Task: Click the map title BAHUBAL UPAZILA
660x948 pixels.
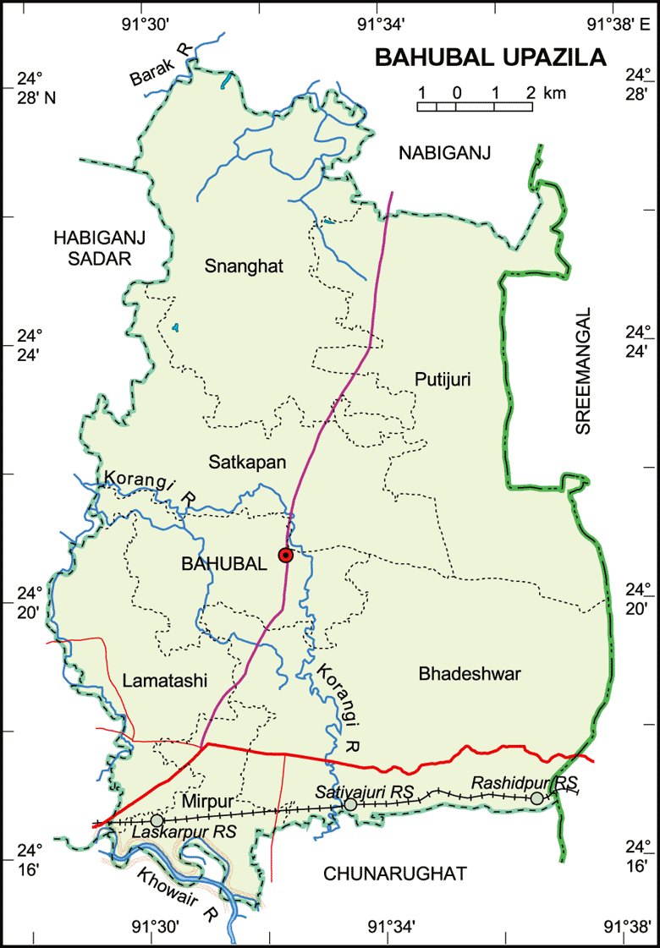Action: [x=491, y=58]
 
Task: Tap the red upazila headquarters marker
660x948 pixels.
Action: [x=286, y=555]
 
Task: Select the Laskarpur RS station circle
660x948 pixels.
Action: [x=157, y=820]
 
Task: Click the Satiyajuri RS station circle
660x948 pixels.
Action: [x=350, y=805]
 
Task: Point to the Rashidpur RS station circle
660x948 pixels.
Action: [x=536, y=797]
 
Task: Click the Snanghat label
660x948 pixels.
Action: [x=245, y=266]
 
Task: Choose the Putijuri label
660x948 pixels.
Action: [x=443, y=381]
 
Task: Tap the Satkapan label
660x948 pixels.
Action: [x=248, y=462]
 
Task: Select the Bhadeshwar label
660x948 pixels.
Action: [x=470, y=673]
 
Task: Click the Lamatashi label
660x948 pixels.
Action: [x=165, y=680]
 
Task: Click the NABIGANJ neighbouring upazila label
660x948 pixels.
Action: [x=446, y=152]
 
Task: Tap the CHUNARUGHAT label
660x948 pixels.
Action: [x=395, y=874]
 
